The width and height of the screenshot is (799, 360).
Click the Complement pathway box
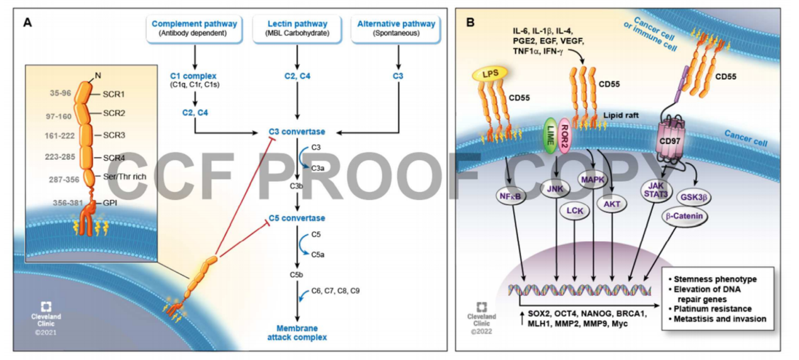[195, 28]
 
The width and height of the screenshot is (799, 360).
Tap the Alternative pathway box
[396, 28]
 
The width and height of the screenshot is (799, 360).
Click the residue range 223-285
[61, 157]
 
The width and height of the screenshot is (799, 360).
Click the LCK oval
[574, 210]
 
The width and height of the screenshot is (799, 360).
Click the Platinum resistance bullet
[712, 308]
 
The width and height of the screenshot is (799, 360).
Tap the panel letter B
[470, 22]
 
